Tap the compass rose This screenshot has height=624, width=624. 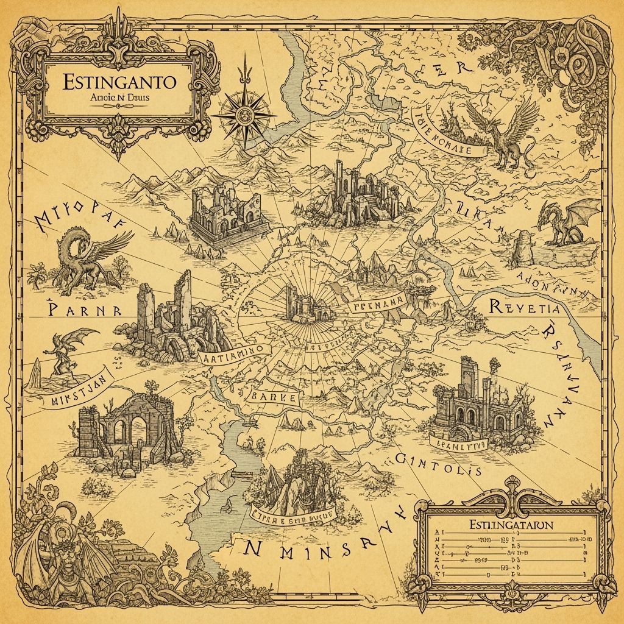point(246,111)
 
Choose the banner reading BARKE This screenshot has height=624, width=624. point(275,397)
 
